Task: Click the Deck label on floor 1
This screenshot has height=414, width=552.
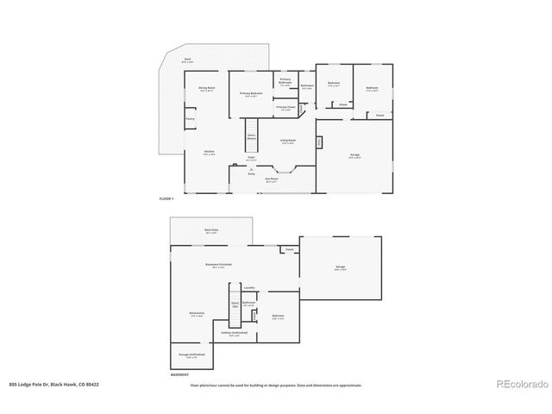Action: point(187,60)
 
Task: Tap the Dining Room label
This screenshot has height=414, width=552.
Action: point(207,89)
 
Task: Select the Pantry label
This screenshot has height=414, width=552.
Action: point(190,119)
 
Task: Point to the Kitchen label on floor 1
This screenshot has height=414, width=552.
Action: point(209,152)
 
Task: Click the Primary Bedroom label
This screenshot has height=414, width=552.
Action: point(251,94)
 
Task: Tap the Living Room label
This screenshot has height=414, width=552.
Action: point(287,141)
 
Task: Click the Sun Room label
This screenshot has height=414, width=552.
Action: point(272,179)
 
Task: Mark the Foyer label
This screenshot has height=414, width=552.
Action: point(251,158)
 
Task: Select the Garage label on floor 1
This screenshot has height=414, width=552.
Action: point(354,156)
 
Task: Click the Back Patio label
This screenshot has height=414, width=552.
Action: point(210,230)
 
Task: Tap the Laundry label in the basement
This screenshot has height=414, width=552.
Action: point(248,287)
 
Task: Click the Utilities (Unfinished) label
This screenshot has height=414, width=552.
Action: point(234,334)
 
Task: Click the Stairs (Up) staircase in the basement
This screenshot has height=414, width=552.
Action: point(234,304)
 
